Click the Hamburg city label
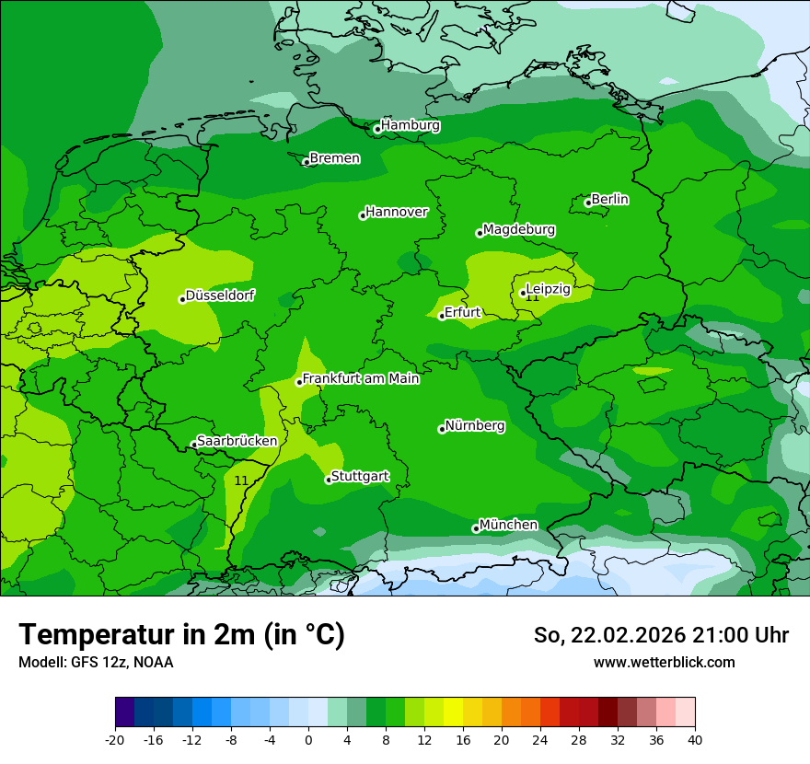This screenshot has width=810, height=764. [x=410, y=125]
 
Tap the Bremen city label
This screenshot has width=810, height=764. [x=334, y=158]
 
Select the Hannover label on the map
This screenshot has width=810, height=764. [x=396, y=212]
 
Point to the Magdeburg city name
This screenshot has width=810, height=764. [x=518, y=229]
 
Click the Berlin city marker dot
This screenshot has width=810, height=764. [x=588, y=203]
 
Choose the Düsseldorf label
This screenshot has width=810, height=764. [x=220, y=295]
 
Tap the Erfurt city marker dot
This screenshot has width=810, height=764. [x=442, y=316]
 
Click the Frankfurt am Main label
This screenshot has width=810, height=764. [x=361, y=378]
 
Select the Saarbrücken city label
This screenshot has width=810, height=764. [x=237, y=441]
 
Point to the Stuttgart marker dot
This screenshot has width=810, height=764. [x=329, y=480]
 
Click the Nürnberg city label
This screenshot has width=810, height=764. [x=474, y=426]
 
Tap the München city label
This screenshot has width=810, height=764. [x=508, y=525]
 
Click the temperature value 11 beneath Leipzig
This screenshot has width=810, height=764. [x=532, y=297]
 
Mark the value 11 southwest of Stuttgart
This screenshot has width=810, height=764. [x=241, y=480]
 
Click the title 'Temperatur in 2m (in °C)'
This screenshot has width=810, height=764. [x=182, y=635]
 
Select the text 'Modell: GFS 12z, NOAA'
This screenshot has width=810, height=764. [x=96, y=662]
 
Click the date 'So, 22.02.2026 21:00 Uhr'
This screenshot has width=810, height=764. [x=661, y=635]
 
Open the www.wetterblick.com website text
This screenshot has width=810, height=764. [x=664, y=662]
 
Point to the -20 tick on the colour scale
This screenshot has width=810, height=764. [x=115, y=739]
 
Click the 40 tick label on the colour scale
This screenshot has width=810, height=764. [x=694, y=739]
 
